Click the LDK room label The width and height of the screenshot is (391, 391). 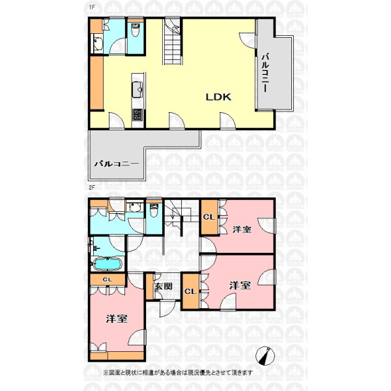[218, 97]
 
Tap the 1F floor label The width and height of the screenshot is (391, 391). [92, 7]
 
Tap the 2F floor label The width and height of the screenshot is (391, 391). [92, 188]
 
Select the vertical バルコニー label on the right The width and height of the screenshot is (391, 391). [265, 72]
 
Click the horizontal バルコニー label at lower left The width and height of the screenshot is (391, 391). [117, 164]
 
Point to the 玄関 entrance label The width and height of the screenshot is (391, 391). [164, 286]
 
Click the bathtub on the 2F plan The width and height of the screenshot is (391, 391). [108, 265]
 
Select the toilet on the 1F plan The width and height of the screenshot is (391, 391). [136, 30]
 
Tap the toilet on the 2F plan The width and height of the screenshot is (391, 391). [154, 210]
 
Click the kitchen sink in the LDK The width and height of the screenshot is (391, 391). [137, 89]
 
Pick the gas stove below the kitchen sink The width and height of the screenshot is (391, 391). [138, 115]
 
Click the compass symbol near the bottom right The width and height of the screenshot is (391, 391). [266, 356]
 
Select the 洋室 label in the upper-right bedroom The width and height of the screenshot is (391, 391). [242, 229]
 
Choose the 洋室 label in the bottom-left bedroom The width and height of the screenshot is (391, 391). [117, 319]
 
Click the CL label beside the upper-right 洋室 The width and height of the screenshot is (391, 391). [209, 217]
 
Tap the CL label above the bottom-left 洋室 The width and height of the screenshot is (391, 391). [108, 280]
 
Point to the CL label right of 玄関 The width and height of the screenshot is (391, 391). [190, 291]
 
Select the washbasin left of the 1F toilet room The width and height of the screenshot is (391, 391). [98, 44]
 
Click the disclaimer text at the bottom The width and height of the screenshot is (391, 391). [178, 373]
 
